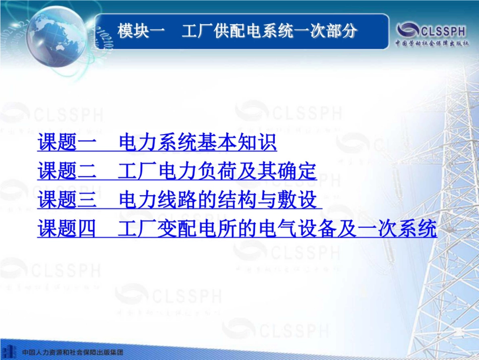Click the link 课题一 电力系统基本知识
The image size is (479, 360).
(157, 143)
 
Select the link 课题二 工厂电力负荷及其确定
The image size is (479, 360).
(177, 172)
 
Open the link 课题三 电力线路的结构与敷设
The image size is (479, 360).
(179, 201)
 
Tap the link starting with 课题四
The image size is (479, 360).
(237, 229)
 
